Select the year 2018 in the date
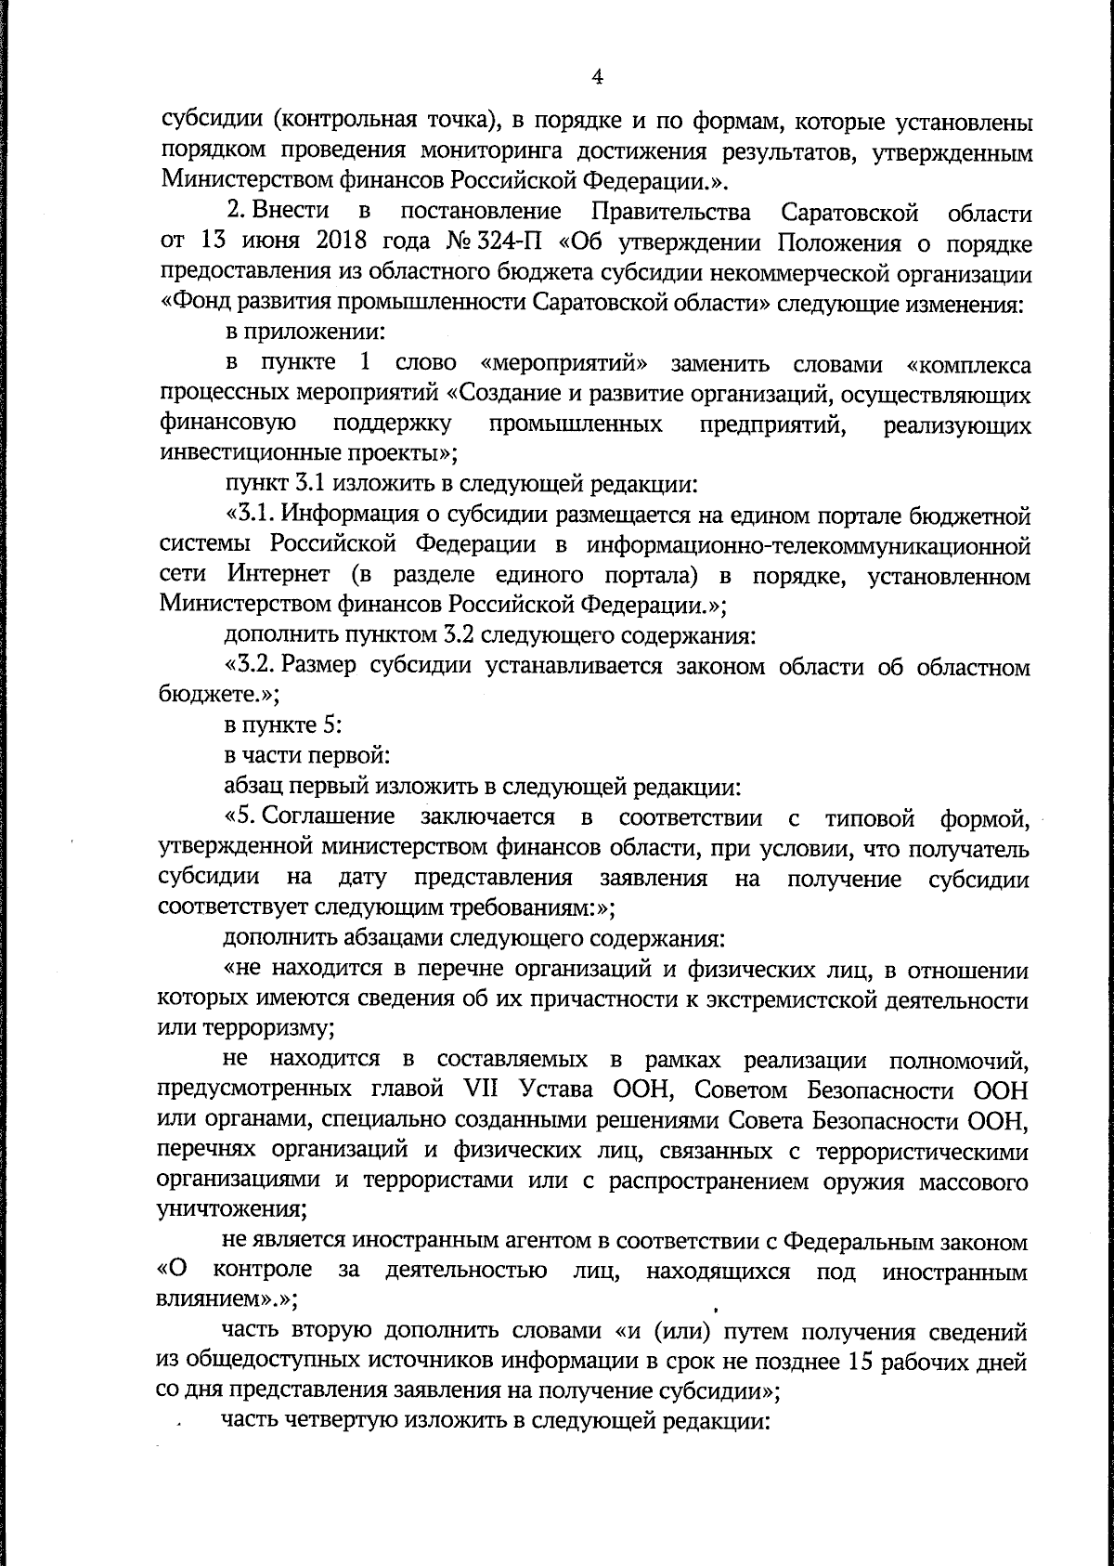(328, 244)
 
